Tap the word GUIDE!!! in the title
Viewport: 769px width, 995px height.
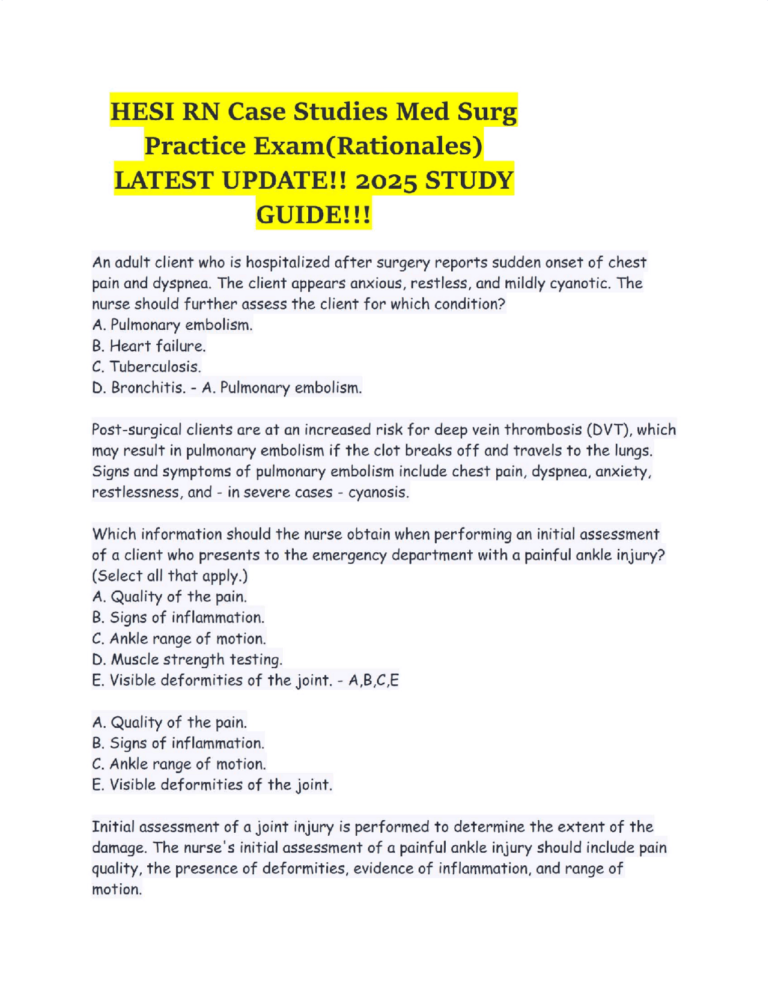314,215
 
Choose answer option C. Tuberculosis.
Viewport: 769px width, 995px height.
147,367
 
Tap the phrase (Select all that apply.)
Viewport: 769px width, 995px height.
170,576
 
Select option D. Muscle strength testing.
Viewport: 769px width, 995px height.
187,659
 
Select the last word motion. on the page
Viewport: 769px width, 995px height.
117,889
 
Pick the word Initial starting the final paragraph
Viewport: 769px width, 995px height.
113,827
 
